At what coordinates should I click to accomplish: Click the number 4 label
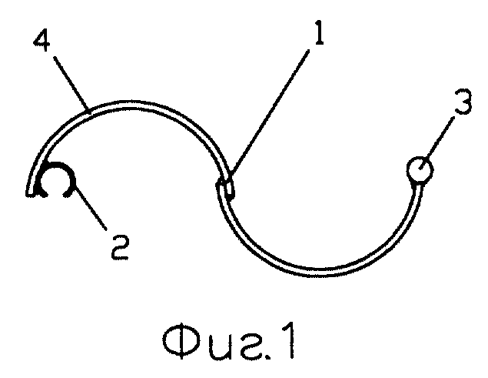[41, 41]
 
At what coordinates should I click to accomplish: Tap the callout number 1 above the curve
[318, 32]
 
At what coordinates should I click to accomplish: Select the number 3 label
[463, 101]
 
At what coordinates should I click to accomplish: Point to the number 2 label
[120, 247]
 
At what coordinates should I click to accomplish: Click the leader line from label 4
[71, 83]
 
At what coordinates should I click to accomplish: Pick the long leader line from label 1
[270, 116]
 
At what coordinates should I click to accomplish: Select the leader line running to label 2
[91, 208]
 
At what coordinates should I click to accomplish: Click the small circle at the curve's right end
[420, 169]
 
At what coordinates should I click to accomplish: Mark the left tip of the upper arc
[30, 194]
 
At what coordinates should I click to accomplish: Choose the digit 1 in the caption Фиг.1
[288, 340]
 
